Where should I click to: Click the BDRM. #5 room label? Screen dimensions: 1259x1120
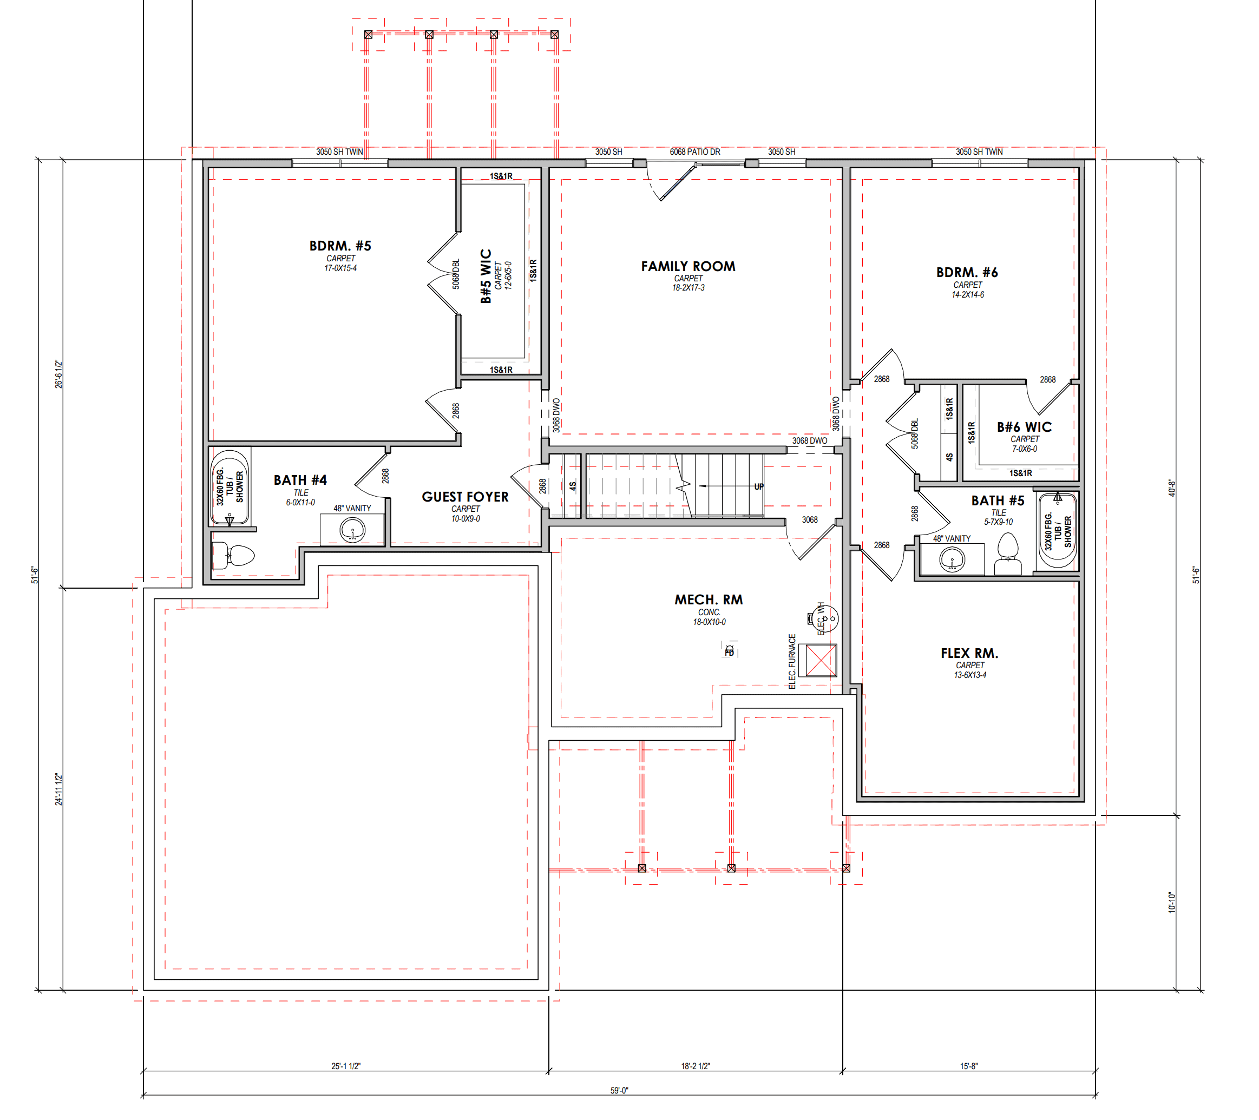[x=340, y=246]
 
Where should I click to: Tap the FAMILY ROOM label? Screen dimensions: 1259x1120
[x=688, y=266]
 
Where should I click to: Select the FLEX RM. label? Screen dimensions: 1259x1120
[x=969, y=653]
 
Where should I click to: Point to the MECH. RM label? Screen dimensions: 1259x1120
[x=709, y=599]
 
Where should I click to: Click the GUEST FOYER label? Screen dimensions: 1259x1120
[x=465, y=496]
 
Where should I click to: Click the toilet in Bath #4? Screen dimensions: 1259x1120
[x=233, y=555]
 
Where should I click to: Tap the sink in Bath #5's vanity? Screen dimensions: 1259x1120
[x=952, y=559]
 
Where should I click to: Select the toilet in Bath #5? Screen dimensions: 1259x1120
[x=1008, y=554]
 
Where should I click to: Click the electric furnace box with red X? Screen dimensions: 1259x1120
[x=821, y=660]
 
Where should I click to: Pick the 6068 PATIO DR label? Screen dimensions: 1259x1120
[x=695, y=151]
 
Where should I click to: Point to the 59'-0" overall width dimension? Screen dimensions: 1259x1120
[x=619, y=1090]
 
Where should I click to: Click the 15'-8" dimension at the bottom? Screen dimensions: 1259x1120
[x=968, y=1066]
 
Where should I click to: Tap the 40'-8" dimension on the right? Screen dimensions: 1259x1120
[x=1172, y=487]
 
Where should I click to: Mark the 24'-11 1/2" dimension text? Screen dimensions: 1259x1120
[x=58, y=789]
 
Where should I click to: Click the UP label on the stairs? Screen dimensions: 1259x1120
[x=759, y=486]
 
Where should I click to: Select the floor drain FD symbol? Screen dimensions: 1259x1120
[x=729, y=651]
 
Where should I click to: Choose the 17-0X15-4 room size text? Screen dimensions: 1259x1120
[x=340, y=268]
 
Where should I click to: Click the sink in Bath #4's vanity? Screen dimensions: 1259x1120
[x=352, y=529]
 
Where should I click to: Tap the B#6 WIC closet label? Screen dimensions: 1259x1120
[x=1024, y=427]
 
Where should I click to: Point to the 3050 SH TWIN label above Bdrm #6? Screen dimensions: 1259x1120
[x=979, y=151]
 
